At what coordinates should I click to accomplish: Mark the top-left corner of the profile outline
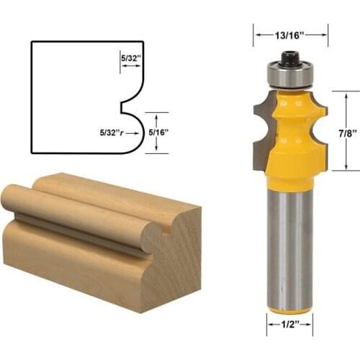click(32, 42)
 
